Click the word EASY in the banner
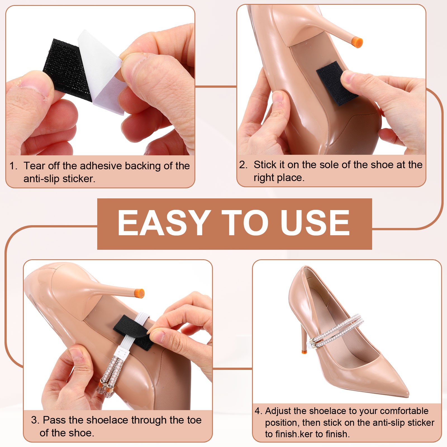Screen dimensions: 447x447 click(x=164, y=223)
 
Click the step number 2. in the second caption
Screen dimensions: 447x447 click(x=243, y=165)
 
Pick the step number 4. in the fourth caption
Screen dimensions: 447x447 click(x=259, y=411)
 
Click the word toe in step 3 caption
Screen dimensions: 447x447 click(x=194, y=420)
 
